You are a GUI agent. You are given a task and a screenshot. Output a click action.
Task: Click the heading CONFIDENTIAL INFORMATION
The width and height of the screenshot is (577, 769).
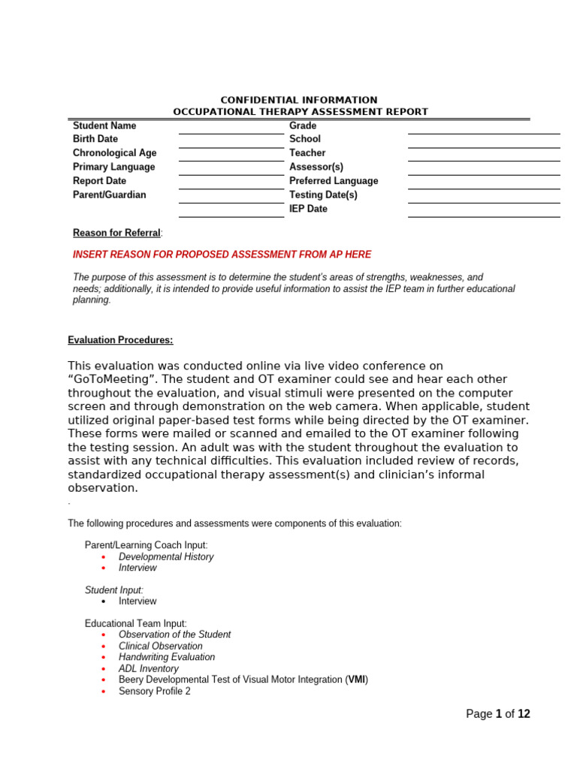[x=298, y=100]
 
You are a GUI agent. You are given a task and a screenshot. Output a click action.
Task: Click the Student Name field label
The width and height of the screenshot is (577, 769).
[x=104, y=125]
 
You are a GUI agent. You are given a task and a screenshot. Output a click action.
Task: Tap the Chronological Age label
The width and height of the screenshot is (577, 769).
[x=114, y=153]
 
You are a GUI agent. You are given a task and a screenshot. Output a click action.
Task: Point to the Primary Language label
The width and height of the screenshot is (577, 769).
[x=113, y=167]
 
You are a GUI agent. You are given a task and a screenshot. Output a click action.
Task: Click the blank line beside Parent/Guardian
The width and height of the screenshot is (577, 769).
[x=231, y=203]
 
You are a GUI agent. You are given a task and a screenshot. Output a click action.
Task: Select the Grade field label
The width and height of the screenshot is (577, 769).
[x=303, y=125]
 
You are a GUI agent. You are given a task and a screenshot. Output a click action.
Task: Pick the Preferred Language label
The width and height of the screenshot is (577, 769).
[x=334, y=181]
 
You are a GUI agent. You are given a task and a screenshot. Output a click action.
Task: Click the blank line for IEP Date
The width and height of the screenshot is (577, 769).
[x=484, y=216]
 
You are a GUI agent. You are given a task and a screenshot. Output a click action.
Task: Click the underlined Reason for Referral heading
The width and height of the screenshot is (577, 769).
[x=116, y=233]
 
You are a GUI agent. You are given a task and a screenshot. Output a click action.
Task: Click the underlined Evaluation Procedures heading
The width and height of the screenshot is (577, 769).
[x=120, y=340]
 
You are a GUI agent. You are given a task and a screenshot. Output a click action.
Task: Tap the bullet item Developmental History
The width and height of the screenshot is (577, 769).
[x=166, y=557]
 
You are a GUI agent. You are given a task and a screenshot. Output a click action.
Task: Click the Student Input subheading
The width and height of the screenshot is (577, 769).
[x=113, y=590]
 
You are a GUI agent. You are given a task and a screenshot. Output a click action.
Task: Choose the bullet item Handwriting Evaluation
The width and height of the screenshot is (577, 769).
[x=167, y=657]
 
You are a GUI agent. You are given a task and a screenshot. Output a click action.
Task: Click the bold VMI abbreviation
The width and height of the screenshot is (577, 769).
[x=356, y=680]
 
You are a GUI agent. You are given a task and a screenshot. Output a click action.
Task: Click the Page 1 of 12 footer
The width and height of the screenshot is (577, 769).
[x=497, y=714]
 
